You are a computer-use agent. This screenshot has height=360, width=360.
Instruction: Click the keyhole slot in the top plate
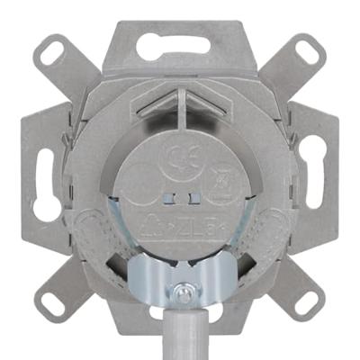[x=178, y=49]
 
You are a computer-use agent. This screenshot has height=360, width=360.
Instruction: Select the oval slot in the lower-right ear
[x=307, y=303]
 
